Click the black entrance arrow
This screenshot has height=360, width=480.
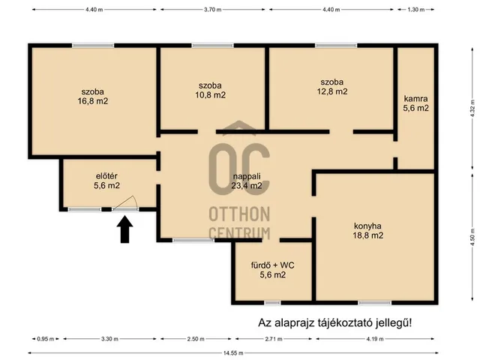pyautogui.click(x=124, y=229)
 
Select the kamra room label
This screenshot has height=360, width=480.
pyautogui.click(x=415, y=103)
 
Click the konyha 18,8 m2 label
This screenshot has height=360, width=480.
pyautogui.click(x=367, y=231)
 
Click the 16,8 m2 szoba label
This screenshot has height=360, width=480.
pyautogui.click(x=92, y=97)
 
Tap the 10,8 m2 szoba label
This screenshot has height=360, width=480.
pyautogui.click(x=210, y=90)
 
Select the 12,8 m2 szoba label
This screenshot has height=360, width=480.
pyautogui.click(x=332, y=87)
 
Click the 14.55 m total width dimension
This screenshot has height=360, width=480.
pyautogui.click(x=233, y=353)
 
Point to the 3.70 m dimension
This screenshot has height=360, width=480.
pyautogui.click(x=213, y=10)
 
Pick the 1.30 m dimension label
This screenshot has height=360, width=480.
pyautogui.click(x=416, y=10)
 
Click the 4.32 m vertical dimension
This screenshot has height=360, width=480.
pyautogui.click(x=473, y=108)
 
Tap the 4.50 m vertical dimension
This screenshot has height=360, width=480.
pyautogui.click(x=473, y=237)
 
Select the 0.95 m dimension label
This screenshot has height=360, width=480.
pyautogui.click(x=46, y=339)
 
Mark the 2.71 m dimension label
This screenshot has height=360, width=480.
pyautogui.click(x=274, y=339)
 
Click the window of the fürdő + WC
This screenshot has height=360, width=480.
pyautogui.click(x=272, y=303)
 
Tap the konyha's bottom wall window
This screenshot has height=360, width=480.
pyautogui.click(x=375, y=303)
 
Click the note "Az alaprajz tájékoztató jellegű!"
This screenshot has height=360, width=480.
pyautogui.click(x=335, y=322)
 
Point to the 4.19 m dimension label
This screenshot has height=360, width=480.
pyautogui.click(x=375, y=339)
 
